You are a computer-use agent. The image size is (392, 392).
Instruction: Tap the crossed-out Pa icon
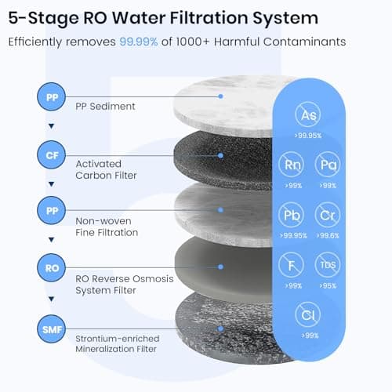pyautogui.click(x=326, y=165)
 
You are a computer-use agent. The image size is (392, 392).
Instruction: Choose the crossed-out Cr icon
pyautogui.click(x=326, y=214)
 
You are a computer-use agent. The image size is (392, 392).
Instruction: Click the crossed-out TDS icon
pyautogui.click(x=326, y=265)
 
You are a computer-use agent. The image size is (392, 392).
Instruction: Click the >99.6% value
pyautogui.click(x=326, y=234)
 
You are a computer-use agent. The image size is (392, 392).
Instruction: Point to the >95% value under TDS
pyautogui.click(x=326, y=285)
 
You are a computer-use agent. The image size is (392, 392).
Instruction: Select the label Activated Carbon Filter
pyautogui.click(x=106, y=169)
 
